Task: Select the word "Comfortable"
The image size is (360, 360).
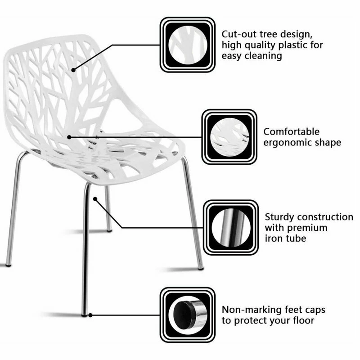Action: coord(292,131)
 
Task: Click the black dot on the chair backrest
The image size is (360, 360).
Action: coord(72,70)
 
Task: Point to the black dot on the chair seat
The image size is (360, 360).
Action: coord(69,136)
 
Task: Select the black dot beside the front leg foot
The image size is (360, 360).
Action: coord(91,315)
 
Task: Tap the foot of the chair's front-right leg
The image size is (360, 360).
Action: coord(200,267)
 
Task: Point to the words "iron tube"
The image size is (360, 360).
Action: coord(285,238)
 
